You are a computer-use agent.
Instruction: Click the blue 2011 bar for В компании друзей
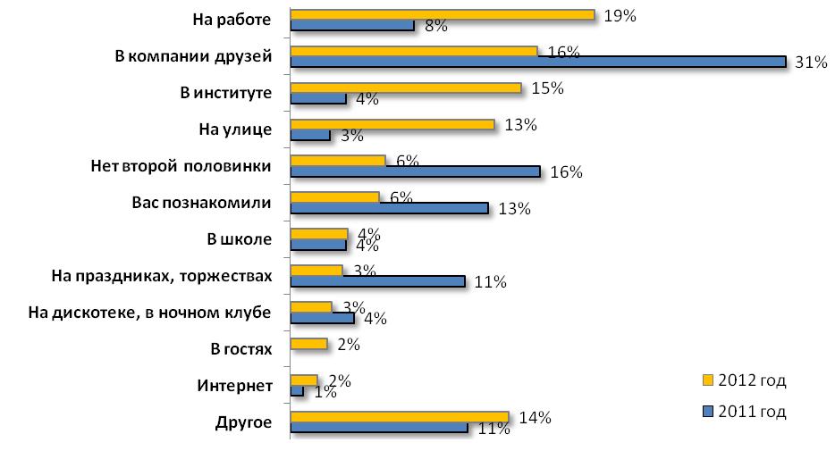(x=539, y=62)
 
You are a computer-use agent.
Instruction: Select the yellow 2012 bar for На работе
(x=443, y=14)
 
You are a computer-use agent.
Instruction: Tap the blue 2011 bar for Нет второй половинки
(x=416, y=171)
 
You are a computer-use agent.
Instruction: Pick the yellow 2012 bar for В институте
(x=406, y=88)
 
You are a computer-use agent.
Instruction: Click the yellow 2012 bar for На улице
(x=392, y=124)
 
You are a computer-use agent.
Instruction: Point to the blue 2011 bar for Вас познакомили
(x=390, y=208)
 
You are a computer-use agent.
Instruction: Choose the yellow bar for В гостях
(x=309, y=344)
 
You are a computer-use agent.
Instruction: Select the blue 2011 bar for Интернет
(x=298, y=391)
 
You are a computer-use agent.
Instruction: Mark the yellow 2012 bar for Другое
(x=400, y=417)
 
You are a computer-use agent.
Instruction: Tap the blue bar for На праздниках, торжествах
(x=378, y=281)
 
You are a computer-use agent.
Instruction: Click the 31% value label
(x=808, y=63)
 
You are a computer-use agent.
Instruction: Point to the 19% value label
(x=619, y=15)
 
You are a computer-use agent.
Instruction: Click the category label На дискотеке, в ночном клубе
(x=148, y=312)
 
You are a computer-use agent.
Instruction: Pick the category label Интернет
(x=233, y=386)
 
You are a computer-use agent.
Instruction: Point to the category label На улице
(x=234, y=129)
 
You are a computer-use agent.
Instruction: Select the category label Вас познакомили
(x=195, y=202)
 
